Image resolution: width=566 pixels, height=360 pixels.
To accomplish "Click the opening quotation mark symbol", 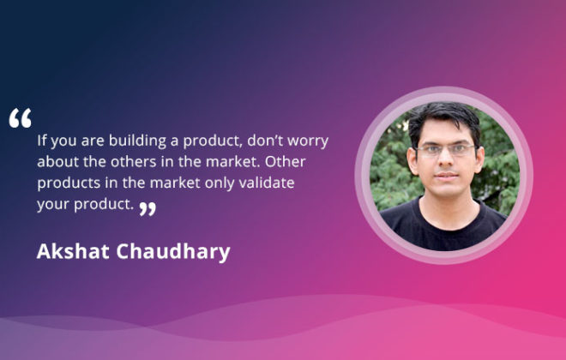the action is [21, 118].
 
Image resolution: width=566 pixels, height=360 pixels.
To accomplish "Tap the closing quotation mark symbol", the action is [148, 209].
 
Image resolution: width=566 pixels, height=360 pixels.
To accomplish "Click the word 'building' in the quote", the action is [137, 141].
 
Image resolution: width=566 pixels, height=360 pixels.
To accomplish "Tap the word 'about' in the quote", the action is [58, 162].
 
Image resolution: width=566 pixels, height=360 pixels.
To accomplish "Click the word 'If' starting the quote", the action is [42, 140].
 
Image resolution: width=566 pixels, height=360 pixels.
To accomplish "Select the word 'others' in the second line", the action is [134, 162].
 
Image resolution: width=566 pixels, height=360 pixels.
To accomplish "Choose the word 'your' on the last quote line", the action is [53, 205].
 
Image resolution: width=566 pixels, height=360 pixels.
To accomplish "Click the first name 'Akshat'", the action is [73, 251].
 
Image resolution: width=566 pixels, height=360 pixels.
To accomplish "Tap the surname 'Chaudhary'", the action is [173, 252].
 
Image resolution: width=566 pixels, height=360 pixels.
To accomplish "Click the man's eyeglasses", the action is [446, 150].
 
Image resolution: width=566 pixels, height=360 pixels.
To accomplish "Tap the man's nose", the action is [447, 162].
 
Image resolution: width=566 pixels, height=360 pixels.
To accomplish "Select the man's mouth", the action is [447, 176].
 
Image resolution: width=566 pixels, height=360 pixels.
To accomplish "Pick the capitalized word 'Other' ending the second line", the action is [286, 162].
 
